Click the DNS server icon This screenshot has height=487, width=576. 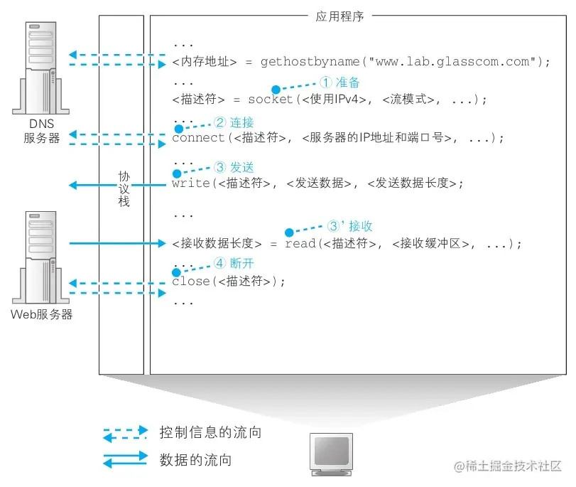41,68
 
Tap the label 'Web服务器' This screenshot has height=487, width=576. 43,314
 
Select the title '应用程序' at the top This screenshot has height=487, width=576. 339,16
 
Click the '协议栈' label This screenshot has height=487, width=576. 124,188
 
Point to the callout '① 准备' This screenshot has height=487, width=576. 340,82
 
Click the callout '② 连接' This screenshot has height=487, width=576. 234,122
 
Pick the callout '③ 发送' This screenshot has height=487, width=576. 234,168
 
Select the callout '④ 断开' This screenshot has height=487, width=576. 234,264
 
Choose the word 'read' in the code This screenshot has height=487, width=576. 299,244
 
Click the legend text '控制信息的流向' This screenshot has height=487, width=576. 205,432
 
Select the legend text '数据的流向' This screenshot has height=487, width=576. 195,460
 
